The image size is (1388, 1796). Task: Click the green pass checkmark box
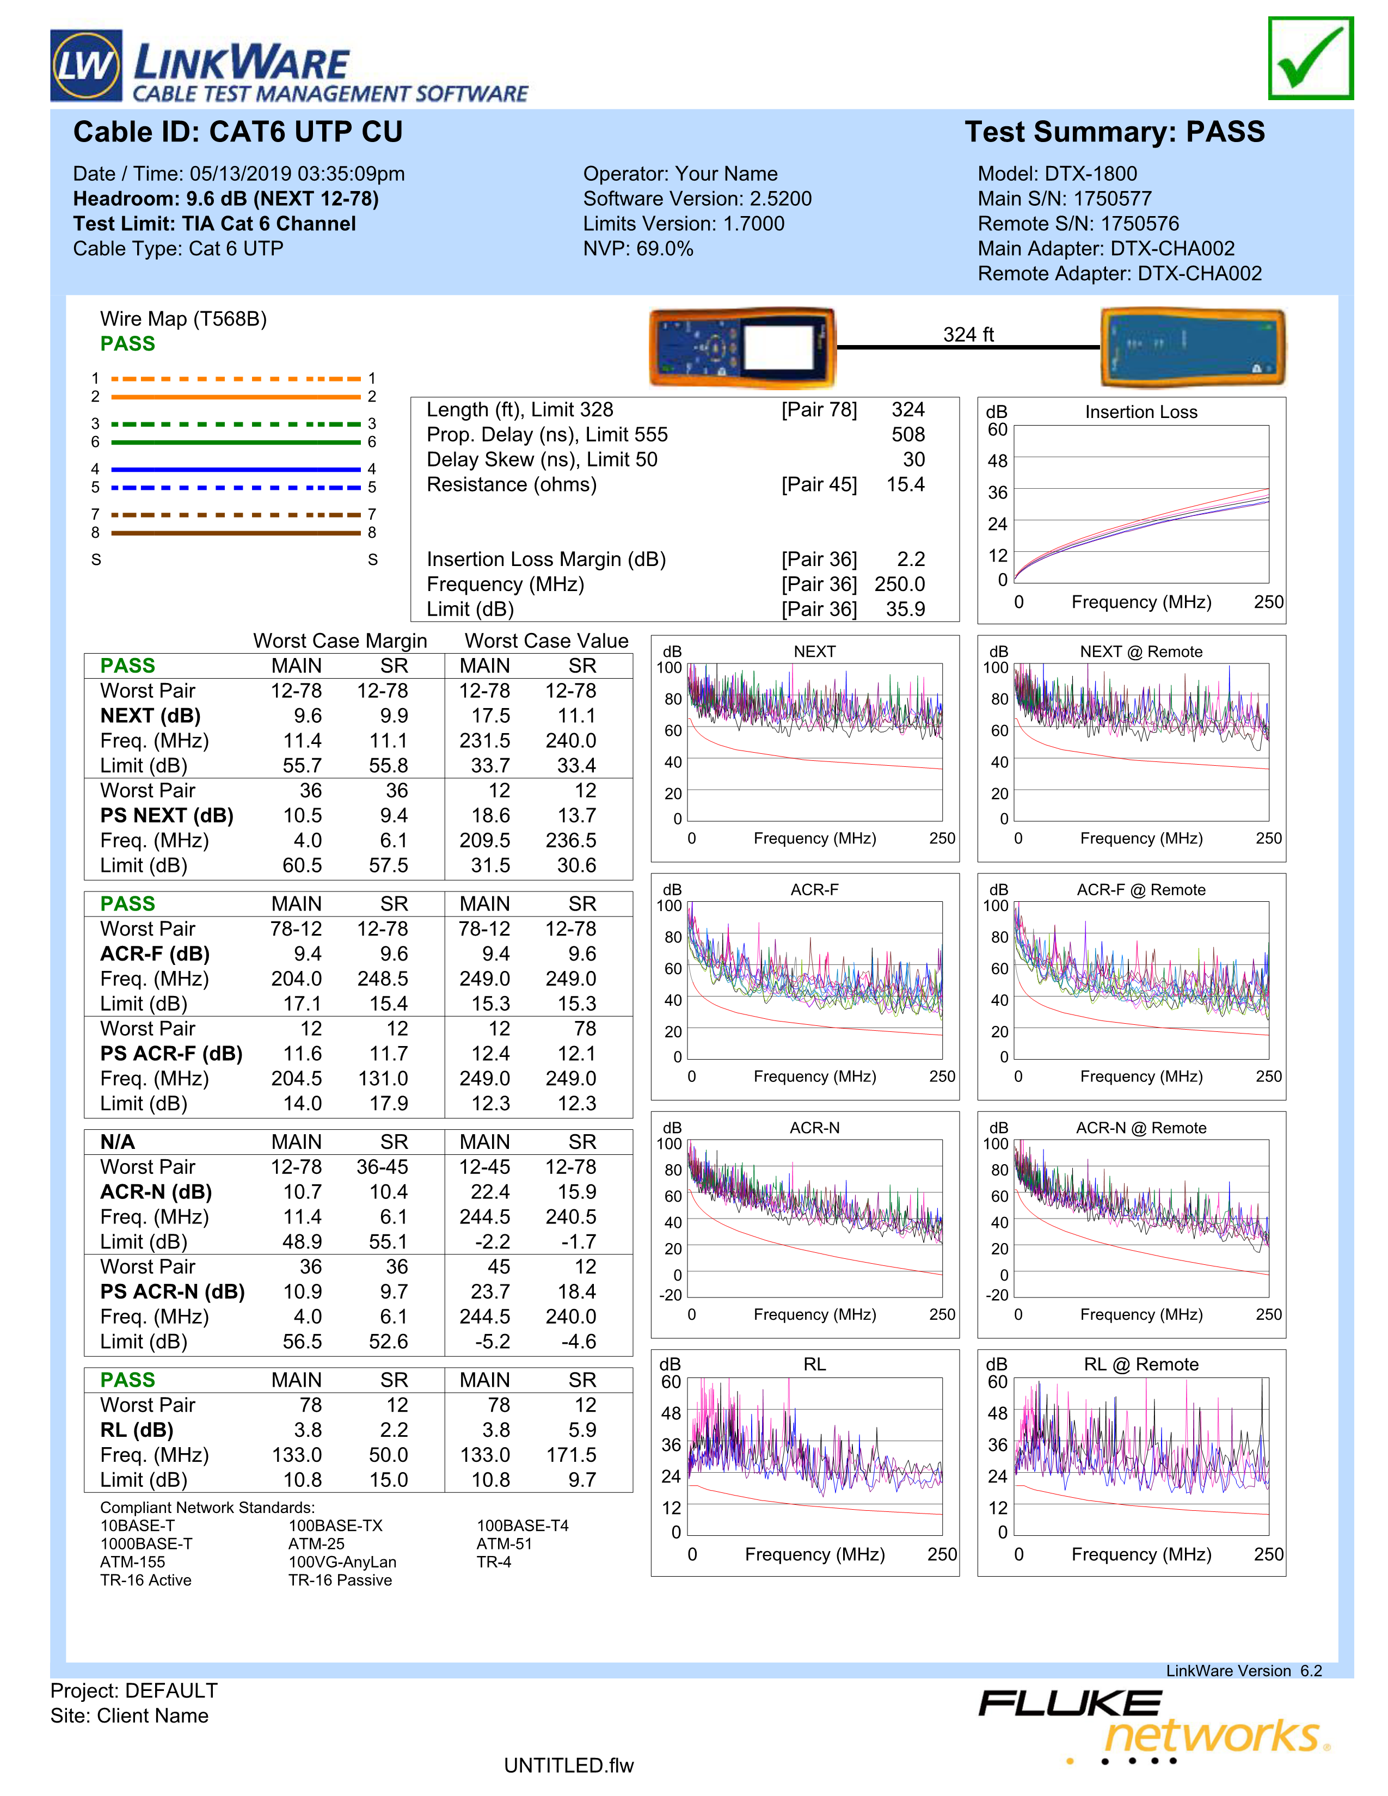pos(1310,58)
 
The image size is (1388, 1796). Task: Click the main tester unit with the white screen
pos(742,348)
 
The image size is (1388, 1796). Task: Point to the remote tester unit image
pos(1192,348)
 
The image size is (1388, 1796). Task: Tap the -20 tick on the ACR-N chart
pos(671,1295)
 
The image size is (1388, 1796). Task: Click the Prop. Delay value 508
pos(908,435)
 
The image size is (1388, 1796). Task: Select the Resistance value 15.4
pos(905,484)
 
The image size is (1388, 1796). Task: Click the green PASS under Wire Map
pos(127,344)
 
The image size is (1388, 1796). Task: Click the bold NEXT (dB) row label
pos(150,716)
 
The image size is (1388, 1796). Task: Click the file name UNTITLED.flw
pos(569,1766)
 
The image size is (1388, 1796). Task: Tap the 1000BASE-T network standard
pos(146,1543)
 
